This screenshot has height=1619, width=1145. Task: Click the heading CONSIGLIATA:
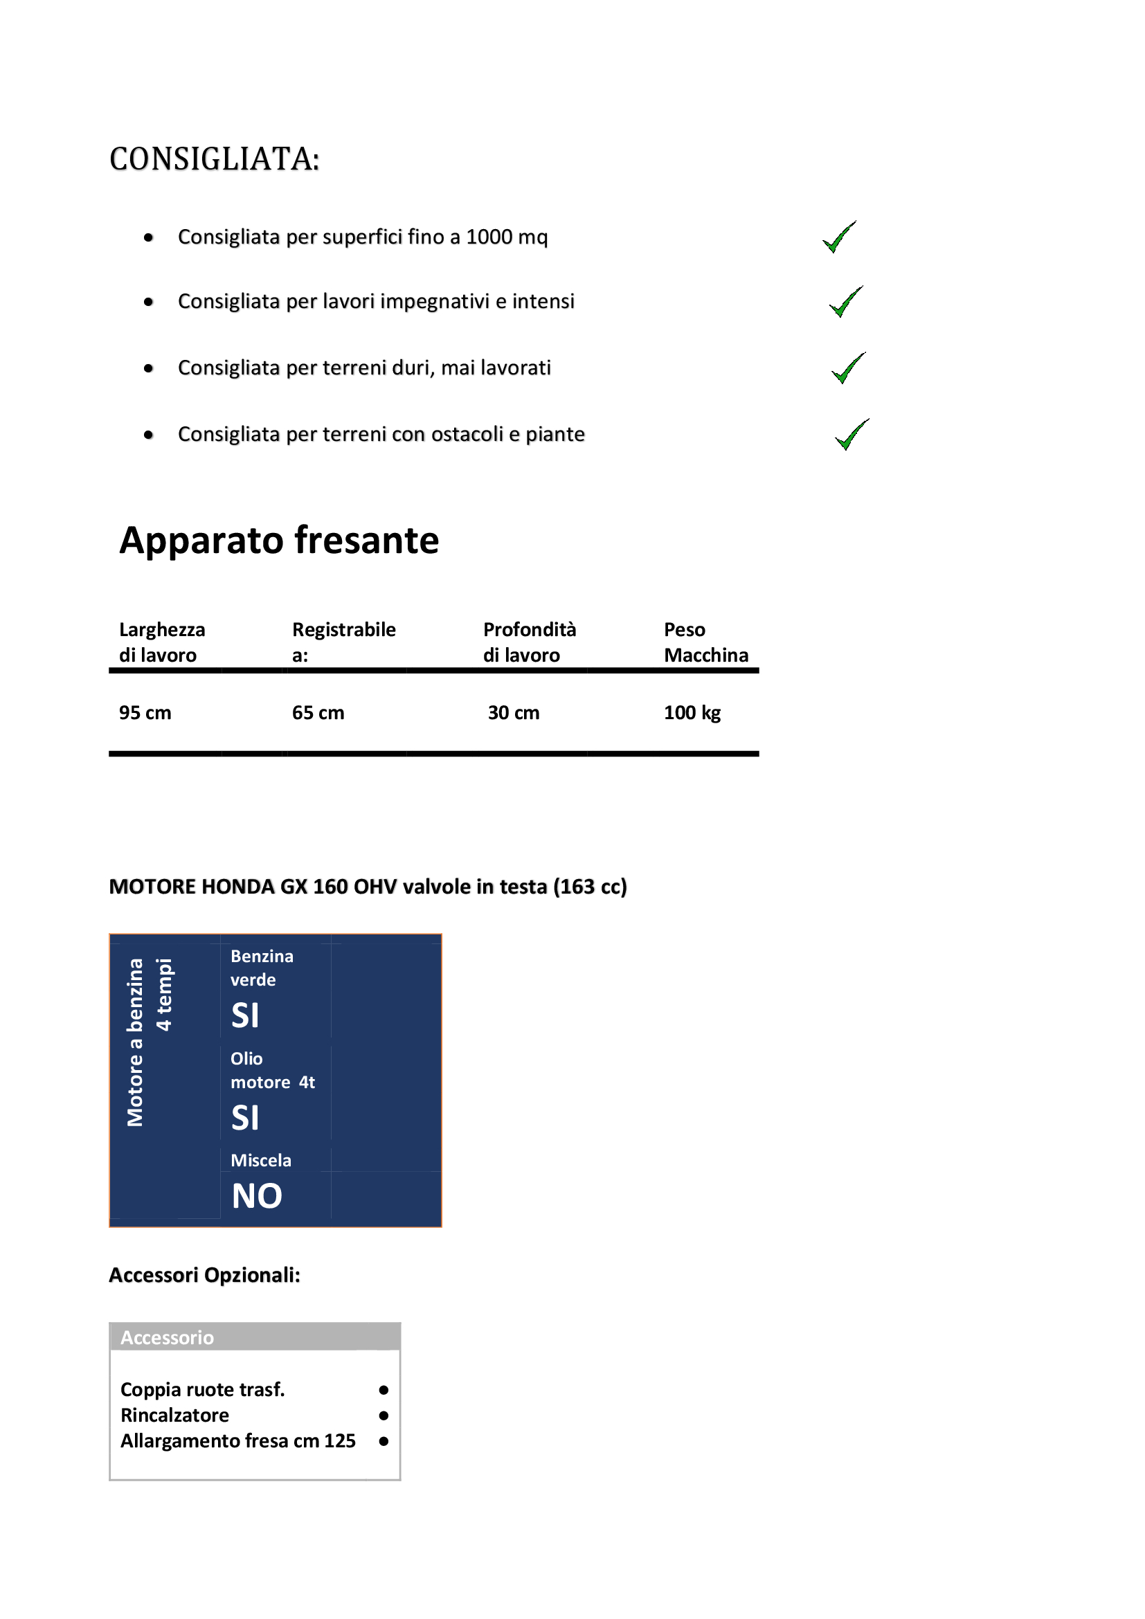point(215,159)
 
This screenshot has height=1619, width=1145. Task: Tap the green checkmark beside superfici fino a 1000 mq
point(839,237)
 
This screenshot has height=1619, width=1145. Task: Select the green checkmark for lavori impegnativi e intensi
point(845,302)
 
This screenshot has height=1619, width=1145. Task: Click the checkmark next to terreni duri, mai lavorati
point(848,369)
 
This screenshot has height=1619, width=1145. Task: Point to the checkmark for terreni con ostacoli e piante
point(851,435)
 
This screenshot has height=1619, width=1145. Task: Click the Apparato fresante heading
point(279,541)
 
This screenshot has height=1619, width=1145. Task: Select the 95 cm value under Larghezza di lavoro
point(145,713)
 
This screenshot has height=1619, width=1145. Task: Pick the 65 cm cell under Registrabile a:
point(318,713)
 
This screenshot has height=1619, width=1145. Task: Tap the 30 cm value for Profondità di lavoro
point(513,713)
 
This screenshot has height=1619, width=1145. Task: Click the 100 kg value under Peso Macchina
point(692,713)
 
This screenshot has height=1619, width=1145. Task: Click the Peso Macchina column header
point(705,642)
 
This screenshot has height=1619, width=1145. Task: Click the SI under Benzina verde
point(245,1016)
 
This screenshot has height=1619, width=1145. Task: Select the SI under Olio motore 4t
point(245,1119)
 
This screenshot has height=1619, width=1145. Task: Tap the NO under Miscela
point(257,1197)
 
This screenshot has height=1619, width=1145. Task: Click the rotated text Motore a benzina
point(135,1042)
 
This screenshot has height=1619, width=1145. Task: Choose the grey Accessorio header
point(255,1338)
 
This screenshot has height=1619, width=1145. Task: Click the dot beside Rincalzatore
point(384,1416)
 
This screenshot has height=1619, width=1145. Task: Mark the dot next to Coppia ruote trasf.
point(384,1390)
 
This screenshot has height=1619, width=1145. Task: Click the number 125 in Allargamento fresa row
point(339,1441)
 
